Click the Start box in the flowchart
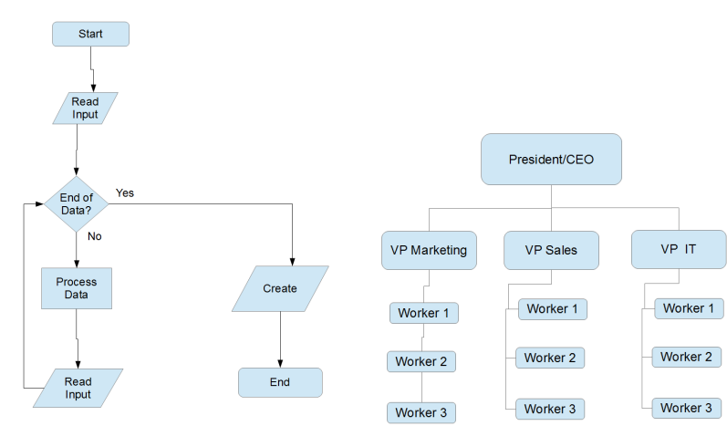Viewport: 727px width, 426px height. point(90,34)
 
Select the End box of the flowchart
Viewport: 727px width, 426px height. point(280,382)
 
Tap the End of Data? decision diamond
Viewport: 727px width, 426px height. point(77,203)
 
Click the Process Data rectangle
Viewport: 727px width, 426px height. point(77,288)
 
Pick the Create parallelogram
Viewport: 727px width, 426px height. point(280,288)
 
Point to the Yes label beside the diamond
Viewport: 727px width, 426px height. point(125,193)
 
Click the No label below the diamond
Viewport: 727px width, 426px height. point(94,236)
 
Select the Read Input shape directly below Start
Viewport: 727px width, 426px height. point(85,109)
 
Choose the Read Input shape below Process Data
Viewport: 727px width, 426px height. point(78,388)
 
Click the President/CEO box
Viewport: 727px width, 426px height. point(551,160)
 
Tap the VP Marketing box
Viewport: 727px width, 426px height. point(430,250)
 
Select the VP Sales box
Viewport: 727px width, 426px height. point(551,249)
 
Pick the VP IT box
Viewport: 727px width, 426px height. point(678,249)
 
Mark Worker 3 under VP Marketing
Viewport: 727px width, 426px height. point(421,412)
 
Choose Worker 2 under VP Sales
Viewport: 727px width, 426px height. point(550,358)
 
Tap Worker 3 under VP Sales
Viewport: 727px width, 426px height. point(550,408)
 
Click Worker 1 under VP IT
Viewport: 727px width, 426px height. point(690,308)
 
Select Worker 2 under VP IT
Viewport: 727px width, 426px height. point(686,357)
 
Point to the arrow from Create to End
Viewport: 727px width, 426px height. point(280,338)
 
